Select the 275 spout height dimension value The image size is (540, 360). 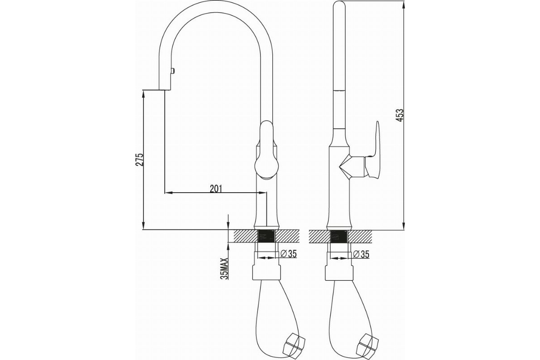139,159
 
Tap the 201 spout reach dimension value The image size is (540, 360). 216,189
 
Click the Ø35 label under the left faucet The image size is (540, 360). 288,254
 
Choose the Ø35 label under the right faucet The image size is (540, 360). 361,254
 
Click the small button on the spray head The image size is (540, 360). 173,71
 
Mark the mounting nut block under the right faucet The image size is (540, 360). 339,273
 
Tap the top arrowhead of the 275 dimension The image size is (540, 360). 144,94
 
